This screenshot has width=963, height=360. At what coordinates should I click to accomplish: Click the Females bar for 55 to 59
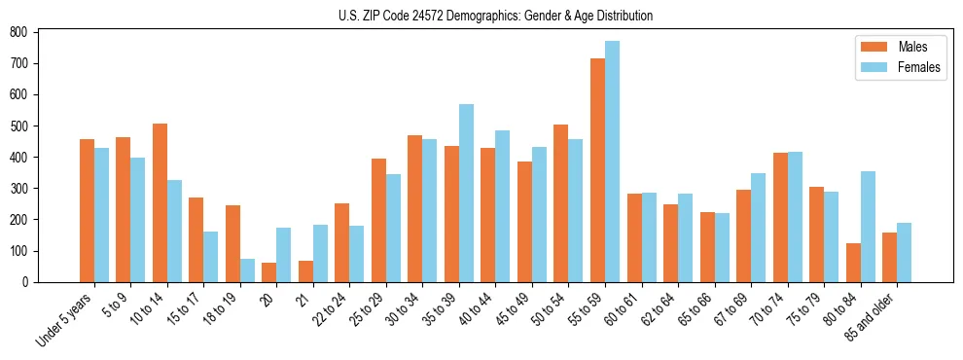tap(613, 162)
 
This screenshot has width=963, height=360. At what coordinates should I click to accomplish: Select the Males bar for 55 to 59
tap(597, 170)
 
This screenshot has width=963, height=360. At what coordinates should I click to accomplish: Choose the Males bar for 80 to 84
tap(853, 263)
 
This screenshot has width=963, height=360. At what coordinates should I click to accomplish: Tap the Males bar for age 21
tap(305, 271)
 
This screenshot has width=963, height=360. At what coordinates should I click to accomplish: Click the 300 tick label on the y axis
tap(24, 189)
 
